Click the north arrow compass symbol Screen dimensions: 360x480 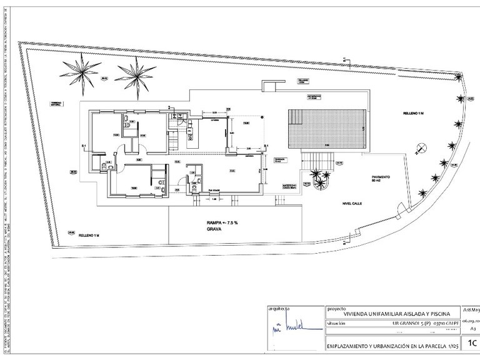click(x=420, y=149)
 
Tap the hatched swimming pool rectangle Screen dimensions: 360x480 click(x=324, y=129)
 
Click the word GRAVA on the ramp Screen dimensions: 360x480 click(x=216, y=230)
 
